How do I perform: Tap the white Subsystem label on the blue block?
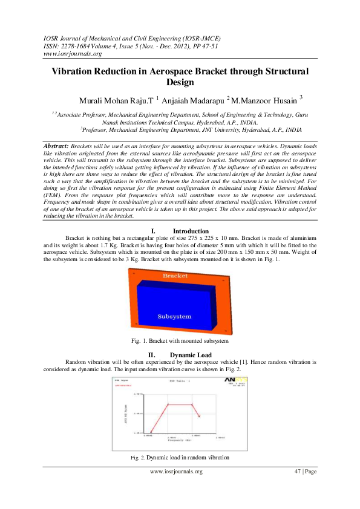tap(174, 316)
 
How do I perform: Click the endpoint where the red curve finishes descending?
tap(200, 416)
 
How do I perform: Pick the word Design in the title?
tap(180, 82)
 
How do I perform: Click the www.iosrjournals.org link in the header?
tap(71, 53)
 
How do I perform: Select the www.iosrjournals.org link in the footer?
tap(176, 472)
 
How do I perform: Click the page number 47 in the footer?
tap(297, 472)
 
